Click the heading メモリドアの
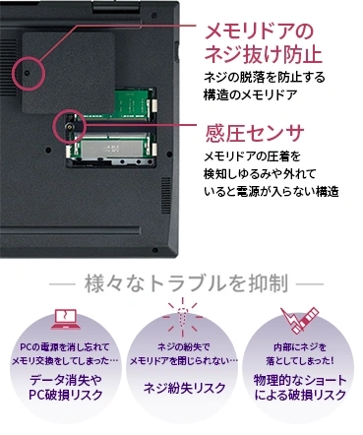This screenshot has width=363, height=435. click(x=259, y=31)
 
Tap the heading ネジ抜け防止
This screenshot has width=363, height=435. click(x=263, y=54)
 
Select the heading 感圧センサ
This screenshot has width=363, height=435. click(x=254, y=133)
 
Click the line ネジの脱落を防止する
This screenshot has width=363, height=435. click(x=265, y=78)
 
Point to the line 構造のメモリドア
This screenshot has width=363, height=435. click(x=250, y=94)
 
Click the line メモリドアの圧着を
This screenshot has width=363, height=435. click(x=252, y=156)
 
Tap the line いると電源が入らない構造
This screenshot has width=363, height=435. click(x=272, y=191)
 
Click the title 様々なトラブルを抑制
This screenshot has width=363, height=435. click(x=187, y=283)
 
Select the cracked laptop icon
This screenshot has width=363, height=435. click(x=66, y=319)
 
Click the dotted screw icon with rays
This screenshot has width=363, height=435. click(x=183, y=317)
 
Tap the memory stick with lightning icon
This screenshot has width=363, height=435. click(x=299, y=320)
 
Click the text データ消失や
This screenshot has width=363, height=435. click(x=66, y=380)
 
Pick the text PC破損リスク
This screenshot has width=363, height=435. click(x=66, y=395)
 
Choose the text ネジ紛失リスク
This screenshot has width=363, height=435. click(x=185, y=388)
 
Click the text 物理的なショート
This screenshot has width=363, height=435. click(x=300, y=380)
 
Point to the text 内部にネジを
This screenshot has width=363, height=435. click(x=300, y=347)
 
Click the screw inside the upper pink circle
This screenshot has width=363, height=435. click(x=28, y=73)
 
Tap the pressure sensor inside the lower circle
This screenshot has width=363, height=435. click(x=69, y=127)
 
